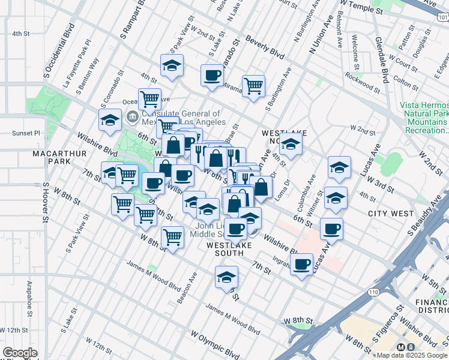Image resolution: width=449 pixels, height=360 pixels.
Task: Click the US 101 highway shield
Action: coord(442,18)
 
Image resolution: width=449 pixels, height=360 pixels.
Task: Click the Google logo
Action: coord(19,353)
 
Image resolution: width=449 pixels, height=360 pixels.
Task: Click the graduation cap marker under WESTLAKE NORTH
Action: coord(291,145)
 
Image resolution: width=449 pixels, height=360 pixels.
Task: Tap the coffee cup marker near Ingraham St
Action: coord(302,263)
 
